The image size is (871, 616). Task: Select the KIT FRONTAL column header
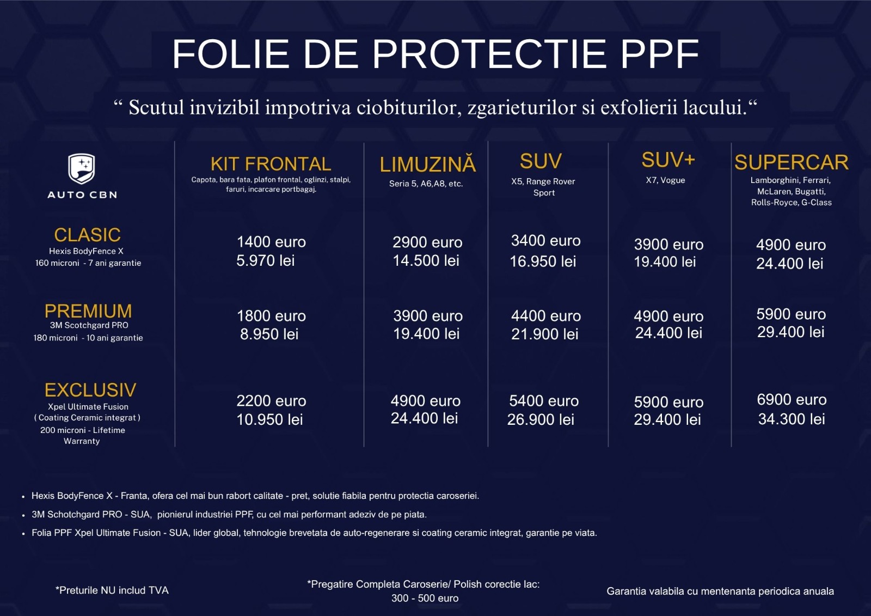(271, 164)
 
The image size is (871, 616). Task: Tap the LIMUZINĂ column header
(427, 164)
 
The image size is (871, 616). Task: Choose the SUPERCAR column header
(791, 162)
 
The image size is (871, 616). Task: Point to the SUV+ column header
(668, 160)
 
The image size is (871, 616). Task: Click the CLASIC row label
(87, 235)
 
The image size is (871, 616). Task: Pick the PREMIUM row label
(88, 311)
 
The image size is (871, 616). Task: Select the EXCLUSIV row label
(90, 390)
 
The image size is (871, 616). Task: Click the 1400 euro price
(271, 242)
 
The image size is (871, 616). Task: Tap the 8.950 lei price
(269, 334)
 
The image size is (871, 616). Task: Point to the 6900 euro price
(792, 400)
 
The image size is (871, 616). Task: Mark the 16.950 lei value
(543, 261)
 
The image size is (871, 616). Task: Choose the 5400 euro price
(544, 401)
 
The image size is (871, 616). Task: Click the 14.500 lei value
(426, 261)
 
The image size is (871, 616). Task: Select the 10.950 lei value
(269, 420)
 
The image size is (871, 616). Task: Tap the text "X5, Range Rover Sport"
(543, 187)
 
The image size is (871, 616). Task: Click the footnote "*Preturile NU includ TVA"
(112, 590)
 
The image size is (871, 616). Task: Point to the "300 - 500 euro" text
(425, 598)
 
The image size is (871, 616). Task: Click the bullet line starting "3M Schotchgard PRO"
(229, 515)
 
